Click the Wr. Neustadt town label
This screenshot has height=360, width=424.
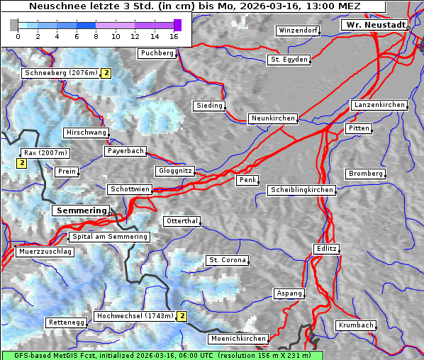(375, 25)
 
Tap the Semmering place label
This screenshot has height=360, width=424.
(82, 210)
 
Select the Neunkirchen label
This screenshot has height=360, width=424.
(272, 118)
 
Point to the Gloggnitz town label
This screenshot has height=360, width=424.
(174, 171)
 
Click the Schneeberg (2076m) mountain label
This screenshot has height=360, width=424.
(60, 73)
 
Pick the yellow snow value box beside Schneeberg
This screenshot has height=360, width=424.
(106, 73)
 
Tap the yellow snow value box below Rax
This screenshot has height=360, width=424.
(21, 164)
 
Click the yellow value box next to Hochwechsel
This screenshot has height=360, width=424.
(182, 316)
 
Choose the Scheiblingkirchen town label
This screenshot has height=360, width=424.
(301, 190)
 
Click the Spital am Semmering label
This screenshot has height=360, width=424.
(109, 237)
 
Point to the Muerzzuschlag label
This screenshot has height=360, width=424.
(45, 252)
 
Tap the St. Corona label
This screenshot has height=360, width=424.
(228, 260)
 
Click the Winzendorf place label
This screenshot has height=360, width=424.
(298, 31)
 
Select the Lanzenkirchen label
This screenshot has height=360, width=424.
(379, 105)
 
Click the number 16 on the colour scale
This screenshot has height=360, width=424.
(174, 36)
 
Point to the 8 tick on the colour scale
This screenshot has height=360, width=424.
(96, 36)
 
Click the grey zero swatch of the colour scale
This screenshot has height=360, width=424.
(14, 25)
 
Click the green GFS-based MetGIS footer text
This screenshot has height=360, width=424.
(162, 355)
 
